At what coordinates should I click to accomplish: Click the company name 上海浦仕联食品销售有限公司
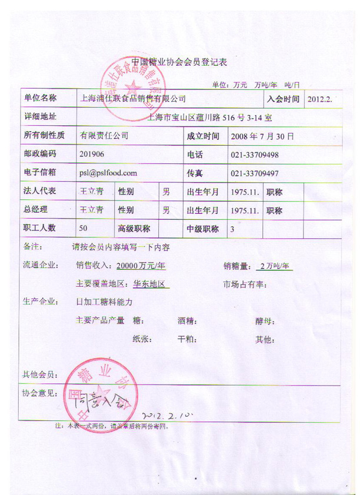[132, 99]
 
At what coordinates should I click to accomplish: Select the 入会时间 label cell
[284, 99]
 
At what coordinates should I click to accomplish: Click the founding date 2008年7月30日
[261, 136]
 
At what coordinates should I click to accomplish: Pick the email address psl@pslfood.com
[108, 173]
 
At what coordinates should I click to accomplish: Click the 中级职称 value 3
[232, 229]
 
